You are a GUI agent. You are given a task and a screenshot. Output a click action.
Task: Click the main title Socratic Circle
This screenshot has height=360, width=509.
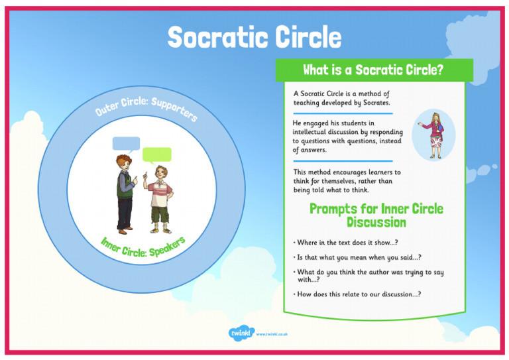click(x=254, y=38)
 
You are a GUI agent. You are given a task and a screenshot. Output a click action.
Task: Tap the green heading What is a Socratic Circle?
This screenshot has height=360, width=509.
click(x=373, y=70)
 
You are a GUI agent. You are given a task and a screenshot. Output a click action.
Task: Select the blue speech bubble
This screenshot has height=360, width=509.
click(x=126, y=144)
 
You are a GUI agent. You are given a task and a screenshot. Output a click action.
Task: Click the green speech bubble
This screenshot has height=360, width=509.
click(x=157, y=155)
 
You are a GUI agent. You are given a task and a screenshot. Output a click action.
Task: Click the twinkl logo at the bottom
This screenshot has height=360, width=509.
click(x=241, y=333)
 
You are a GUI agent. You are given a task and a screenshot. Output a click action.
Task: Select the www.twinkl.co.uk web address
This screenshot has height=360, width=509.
click(x=271, y=334)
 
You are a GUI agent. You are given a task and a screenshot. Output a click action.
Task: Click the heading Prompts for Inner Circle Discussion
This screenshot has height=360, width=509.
click(x=376, y=215)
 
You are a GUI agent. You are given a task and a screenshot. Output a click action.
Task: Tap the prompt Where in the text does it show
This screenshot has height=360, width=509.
click(x=347, y=242)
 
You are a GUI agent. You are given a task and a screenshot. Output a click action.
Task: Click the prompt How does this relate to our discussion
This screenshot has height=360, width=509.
click(x=359, y=294)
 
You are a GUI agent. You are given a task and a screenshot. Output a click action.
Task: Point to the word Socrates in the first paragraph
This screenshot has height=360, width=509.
click(x=376, y=103)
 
